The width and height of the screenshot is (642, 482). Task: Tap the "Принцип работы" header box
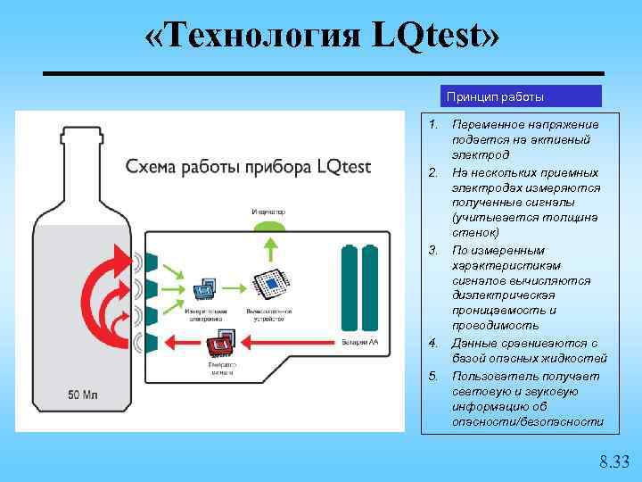[521, 96]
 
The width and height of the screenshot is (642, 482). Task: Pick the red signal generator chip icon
[219, 342]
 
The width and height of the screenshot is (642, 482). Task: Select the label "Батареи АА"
[360, 342]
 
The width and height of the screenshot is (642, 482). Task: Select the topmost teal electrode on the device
[152, 261]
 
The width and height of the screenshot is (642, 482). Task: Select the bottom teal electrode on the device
[152, 342]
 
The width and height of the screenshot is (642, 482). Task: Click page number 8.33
[613, 461]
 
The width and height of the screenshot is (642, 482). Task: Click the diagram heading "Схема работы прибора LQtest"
[248, 167]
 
